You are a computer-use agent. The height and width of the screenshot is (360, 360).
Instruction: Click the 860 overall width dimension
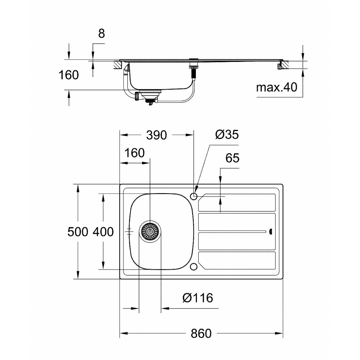[201, 333]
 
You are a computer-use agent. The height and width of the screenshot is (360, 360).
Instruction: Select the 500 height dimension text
[78, 231]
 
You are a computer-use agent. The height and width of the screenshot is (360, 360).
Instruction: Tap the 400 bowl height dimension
[103, 231]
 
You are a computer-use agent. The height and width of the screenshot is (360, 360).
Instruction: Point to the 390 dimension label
[157, 135]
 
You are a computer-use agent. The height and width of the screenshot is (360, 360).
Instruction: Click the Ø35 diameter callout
[227, 134]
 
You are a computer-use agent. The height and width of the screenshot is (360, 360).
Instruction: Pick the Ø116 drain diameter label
[198, 298]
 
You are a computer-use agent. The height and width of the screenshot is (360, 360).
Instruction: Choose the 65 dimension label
[232, 158]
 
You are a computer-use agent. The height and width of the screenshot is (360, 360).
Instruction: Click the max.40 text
[276, 87]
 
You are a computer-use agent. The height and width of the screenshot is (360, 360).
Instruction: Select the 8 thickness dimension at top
[102, 33]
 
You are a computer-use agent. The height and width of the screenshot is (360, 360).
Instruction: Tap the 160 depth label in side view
[69, 75]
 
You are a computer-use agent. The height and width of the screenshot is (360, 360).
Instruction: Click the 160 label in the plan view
[135, 153]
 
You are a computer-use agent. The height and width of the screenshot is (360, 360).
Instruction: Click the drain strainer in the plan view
[150, 231]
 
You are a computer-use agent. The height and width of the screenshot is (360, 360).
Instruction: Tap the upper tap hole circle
[194, 196]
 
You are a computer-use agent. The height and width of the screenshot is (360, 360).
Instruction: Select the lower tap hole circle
[194, 267]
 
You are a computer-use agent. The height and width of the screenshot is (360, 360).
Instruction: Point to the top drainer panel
[237, 202]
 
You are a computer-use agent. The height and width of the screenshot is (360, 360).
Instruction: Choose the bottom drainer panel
[237, 261]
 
